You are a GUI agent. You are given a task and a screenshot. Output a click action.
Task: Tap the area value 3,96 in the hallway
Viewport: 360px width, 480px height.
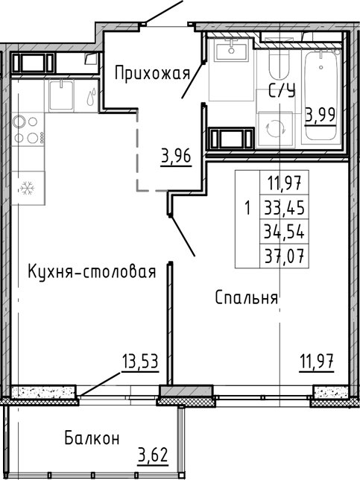click(176, 157)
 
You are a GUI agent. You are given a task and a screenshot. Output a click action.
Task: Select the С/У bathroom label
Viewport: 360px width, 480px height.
click(280, 92)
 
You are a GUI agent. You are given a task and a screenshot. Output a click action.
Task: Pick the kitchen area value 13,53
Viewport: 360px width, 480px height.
click(141, 362)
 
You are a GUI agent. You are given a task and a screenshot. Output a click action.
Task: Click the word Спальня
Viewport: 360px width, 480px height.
click(246, 297)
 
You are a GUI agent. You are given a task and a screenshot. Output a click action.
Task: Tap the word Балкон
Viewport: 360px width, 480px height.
click(91, 438)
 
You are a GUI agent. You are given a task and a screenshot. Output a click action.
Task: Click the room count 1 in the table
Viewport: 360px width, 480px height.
click(247, 207)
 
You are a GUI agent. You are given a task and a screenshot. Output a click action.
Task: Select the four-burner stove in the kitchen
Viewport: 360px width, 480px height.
click(28, 130)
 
